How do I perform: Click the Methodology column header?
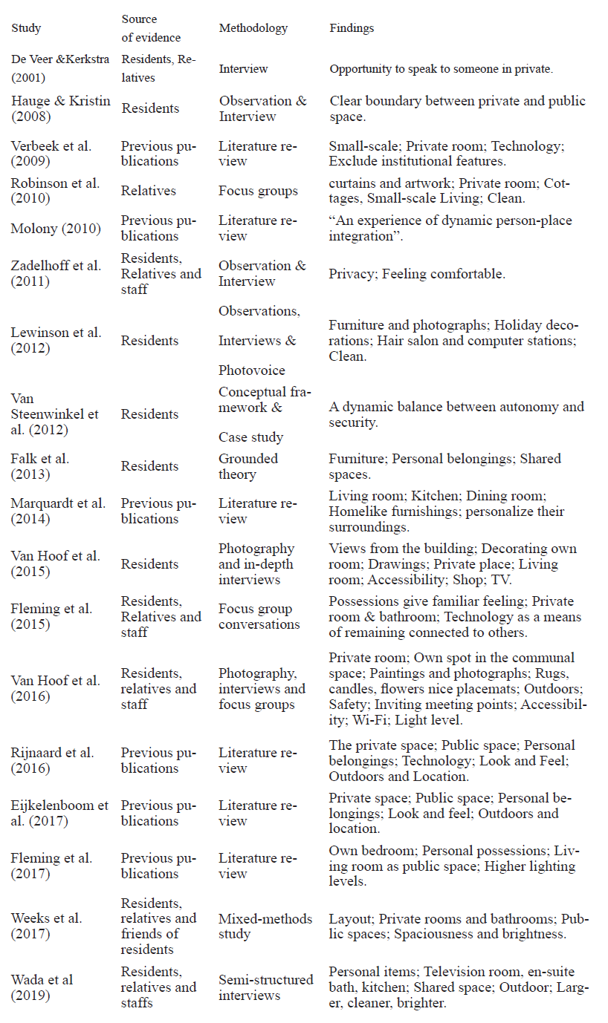253,28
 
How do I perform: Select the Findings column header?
352,28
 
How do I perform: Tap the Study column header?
26,28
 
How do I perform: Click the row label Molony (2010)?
56,229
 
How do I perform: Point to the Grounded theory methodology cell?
248,466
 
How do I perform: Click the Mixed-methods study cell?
265,926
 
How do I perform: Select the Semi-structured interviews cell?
266,987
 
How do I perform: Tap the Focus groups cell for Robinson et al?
258,191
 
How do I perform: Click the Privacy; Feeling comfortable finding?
417,274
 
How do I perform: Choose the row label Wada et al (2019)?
42,987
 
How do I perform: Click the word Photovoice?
251,370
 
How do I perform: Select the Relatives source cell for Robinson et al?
149,191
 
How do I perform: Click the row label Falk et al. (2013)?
40,466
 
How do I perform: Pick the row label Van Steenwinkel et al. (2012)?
54,414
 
